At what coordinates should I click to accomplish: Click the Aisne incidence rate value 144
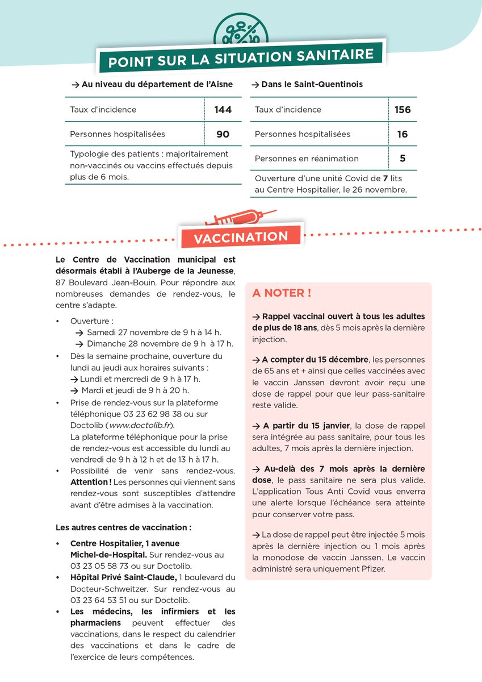pyautogui.click(x=223, y=110)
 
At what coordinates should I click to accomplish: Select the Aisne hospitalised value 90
pyautogui.click(x=223, y=134)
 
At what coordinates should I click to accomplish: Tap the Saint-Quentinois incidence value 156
pyautogui.click(x=403, y=110)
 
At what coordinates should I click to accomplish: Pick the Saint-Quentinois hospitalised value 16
pyautogui.click(x=403, y=134)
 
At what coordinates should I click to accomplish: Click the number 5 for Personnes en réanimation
pyautogui.click(x=403, y=159)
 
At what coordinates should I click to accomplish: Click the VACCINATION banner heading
pyautogui.click(x=241, y=237)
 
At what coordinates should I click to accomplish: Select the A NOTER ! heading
pyautogui.click(x=282, y=293)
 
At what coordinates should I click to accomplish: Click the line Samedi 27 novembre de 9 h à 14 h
pyautogui.click(x=153, y=332)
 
